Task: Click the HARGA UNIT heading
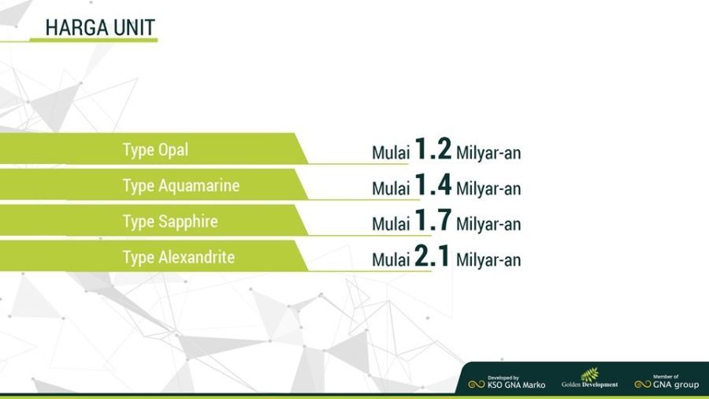click(100, 28)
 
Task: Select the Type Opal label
click(155, 150)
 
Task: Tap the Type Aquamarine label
click(181, 186)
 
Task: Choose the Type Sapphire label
click(170, 222)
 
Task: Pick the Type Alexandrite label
click(179, 257)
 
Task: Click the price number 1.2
click(432, 148)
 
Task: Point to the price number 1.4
click(432, 184)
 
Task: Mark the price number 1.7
click(432, 220)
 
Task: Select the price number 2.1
click(432, 255)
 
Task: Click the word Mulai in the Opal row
click(391, 153)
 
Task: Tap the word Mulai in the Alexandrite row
click(391, 260)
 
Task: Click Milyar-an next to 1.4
click(488, 188)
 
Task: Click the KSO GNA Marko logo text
click(516, 386)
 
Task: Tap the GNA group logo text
click(676, 385)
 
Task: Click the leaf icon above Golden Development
click(589, 374)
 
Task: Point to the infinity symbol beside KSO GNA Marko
click(477, 385)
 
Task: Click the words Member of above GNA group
click(666, 376)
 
